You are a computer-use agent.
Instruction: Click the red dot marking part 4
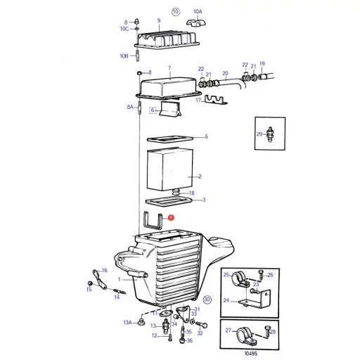point(169,219)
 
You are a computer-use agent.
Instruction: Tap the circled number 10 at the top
point(176,12)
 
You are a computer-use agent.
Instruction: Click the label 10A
point(198,12)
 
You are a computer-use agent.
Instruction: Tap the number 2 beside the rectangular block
point(200,176)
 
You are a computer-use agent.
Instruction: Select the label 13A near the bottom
point(127,322)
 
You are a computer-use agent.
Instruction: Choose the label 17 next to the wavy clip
point(199,101)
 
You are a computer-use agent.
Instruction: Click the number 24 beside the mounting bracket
point(226,300)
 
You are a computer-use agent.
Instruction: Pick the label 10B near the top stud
point(124,56)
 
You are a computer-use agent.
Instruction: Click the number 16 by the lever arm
point(105,271)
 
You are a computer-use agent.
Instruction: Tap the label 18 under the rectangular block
point(192,193)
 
